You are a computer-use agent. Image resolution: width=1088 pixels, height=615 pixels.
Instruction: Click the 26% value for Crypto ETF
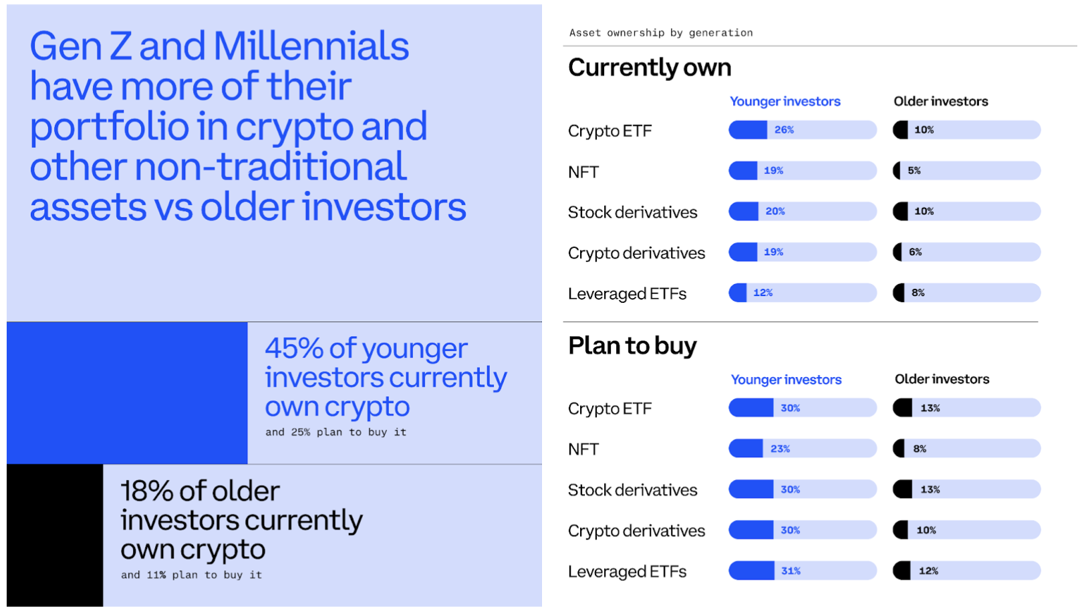coord(784,130)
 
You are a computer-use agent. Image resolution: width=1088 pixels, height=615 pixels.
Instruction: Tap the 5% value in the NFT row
coord(914,170)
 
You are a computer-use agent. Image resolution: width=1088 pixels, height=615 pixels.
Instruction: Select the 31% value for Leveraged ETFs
coord(791,571)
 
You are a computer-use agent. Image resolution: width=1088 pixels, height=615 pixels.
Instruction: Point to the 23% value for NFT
coord(780,449)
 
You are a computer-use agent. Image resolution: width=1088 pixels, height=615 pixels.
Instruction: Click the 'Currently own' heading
coord(650,68)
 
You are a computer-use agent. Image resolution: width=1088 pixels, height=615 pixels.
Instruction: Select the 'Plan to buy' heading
coord(632,346)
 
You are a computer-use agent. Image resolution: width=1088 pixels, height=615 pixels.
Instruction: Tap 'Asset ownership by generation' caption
coord(661,33)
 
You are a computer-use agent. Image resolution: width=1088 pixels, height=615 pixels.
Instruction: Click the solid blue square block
coord(127,393)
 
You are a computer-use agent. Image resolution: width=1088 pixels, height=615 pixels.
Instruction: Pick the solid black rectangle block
coord(55,535)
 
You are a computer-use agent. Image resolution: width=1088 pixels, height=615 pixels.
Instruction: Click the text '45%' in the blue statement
coord(294,348)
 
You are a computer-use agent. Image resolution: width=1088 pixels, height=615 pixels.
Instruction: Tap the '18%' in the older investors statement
coord(147,491)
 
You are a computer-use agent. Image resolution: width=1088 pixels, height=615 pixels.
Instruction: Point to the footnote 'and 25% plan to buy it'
coord(335,433)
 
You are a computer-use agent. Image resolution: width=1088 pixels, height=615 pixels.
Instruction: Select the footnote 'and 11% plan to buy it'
coord(191,575)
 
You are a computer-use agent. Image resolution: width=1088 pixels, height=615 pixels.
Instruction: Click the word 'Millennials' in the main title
coord(311,46)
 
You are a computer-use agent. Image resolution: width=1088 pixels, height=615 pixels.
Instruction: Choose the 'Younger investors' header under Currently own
coord(785,102)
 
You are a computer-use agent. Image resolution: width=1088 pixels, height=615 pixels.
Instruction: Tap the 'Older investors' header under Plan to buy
coord(942,379)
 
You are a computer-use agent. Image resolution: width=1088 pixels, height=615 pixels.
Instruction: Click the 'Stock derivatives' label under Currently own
coord(632,213)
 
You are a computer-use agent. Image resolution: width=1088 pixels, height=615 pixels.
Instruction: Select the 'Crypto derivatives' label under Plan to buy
coord(636,531)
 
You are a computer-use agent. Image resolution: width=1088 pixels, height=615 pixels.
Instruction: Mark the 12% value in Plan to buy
coord(928,571)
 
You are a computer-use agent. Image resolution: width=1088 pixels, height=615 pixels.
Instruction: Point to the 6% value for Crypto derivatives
coord(915,252)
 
